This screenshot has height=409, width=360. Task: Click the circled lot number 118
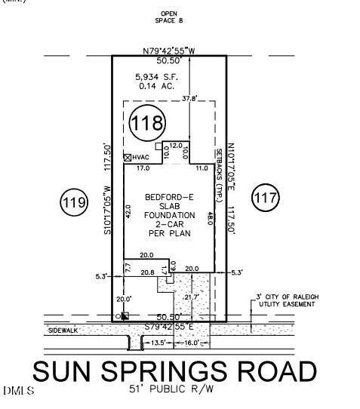146,125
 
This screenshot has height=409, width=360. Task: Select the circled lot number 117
266,198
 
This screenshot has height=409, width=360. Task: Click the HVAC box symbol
128,158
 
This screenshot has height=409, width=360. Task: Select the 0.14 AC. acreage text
156,86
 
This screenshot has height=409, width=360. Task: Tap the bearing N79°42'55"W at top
170,51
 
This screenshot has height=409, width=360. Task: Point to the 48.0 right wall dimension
210,219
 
